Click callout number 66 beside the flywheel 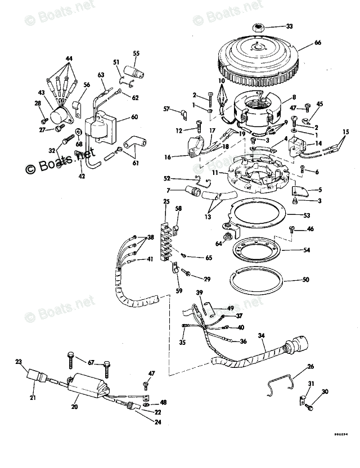click(x=318, y=43)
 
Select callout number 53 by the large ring click(x=306, y=215)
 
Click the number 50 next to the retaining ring click(x=306, y=280)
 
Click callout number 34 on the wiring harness click(x=261, y=336)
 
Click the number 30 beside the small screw click(x=325, y=392)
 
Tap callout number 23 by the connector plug click(x=19, y=362)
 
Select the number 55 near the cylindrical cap click(x=136, y=53)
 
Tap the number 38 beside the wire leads click(x=150, y=237)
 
